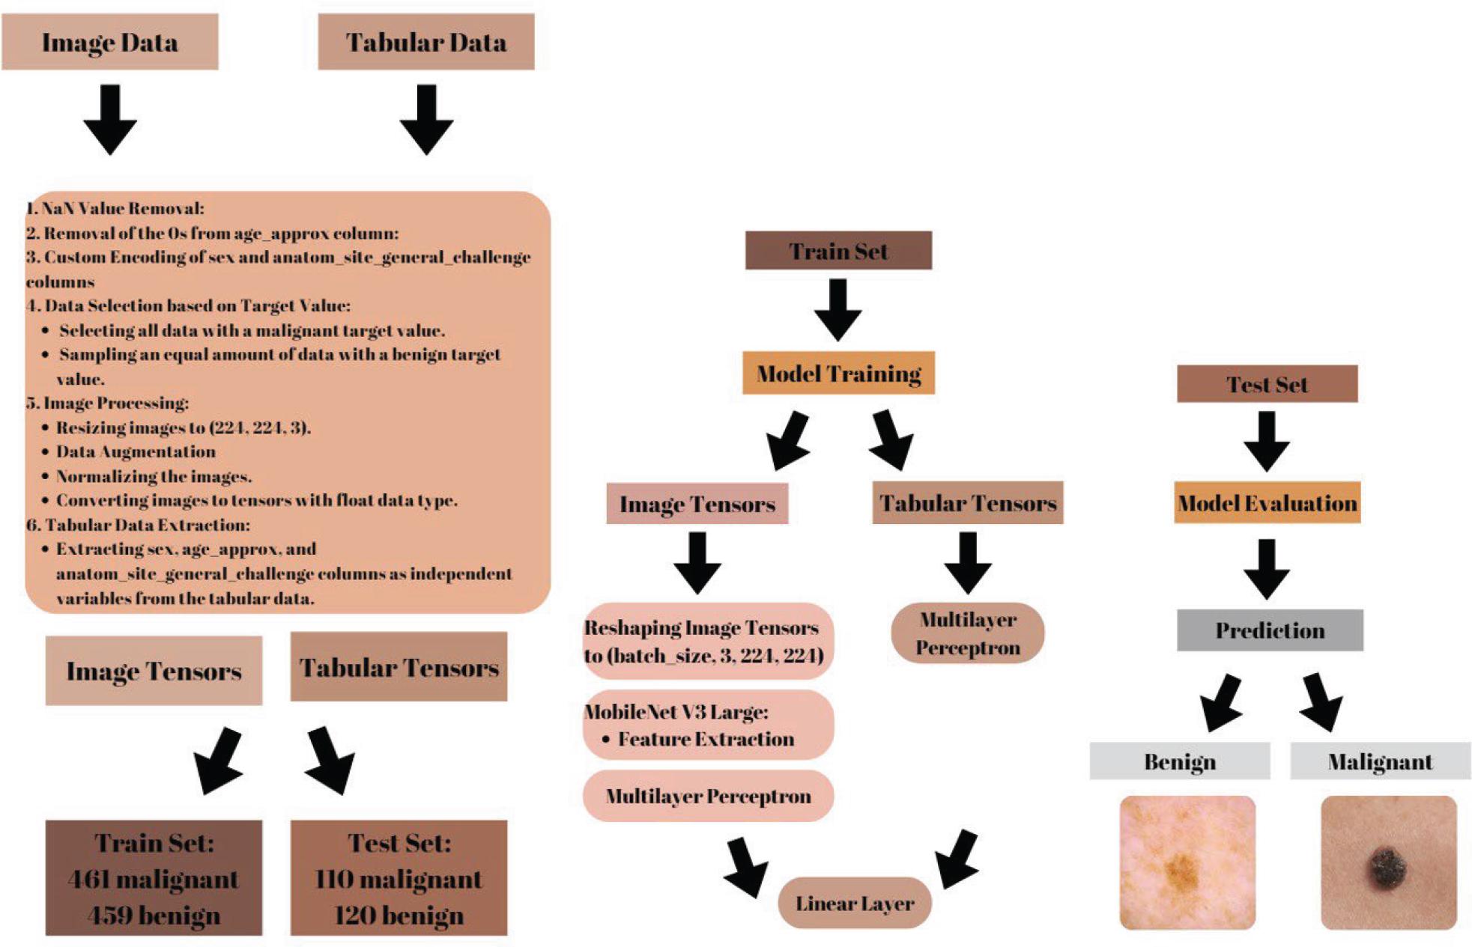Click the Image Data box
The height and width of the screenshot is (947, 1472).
(110, 42)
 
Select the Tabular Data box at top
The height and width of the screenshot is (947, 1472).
(425, 42)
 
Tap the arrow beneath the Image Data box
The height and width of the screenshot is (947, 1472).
(110, 120)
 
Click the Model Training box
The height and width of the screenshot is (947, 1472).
(838, 373)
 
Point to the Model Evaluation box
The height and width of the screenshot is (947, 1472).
(1267, 503)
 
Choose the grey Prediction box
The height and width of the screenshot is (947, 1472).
(1270, 630)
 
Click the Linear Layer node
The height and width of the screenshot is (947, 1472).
(855, 904)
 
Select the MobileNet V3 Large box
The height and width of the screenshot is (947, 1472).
(708, 725)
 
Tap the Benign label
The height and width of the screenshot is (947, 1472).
(1180, 761)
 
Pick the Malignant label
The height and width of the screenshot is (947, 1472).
(1380, 761)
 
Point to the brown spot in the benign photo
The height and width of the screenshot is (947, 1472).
(1181, 870)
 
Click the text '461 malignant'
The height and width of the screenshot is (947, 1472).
(154, 879)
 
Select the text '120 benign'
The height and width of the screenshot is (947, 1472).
(399, 916)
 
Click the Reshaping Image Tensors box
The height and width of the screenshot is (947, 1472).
(708, 642)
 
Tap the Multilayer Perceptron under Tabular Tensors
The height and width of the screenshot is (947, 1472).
(968, 633)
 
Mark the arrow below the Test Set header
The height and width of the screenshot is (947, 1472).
(1267, 441)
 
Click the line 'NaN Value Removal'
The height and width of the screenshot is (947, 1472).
(115, 208)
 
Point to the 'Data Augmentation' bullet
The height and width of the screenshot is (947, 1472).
(136, 451)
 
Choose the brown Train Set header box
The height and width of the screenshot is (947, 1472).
(838, 251)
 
